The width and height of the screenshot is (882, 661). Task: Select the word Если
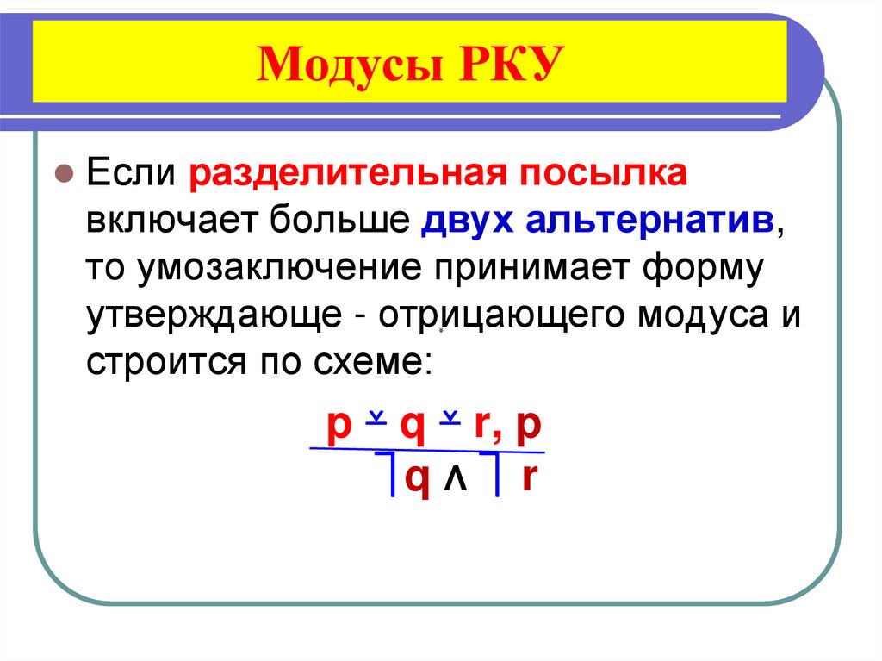click(128, 171)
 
